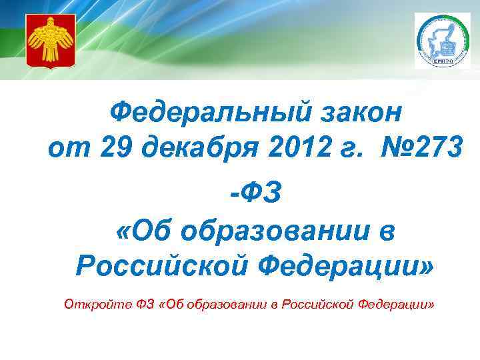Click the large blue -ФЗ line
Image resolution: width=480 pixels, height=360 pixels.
tap(256, 193)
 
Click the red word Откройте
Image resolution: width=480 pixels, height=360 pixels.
tap(91, 305)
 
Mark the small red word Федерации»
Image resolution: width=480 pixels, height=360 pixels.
tap(397, 305)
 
